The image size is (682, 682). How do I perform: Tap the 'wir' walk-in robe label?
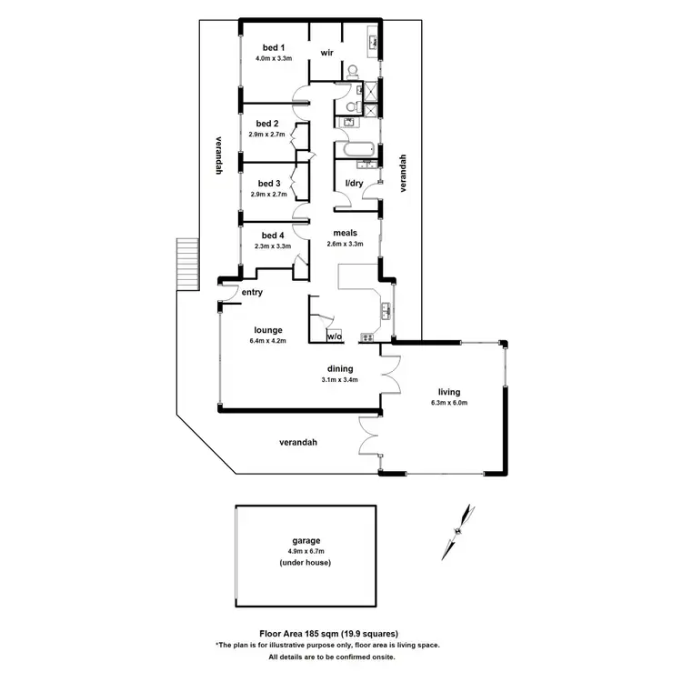pos(326,54)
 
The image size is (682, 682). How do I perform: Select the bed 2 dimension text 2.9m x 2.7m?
pos(267,134)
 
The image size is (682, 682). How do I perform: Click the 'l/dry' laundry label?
pos(354,184)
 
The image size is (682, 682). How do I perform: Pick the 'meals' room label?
pos(345,233)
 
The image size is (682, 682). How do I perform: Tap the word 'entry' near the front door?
pos(252,292)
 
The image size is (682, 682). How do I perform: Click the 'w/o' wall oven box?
pos(335,336)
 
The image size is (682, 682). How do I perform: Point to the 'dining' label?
pos(340,369)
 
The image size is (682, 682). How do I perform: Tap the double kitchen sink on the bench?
pos(386,310)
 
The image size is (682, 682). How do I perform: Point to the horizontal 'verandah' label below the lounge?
pos(298,443)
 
